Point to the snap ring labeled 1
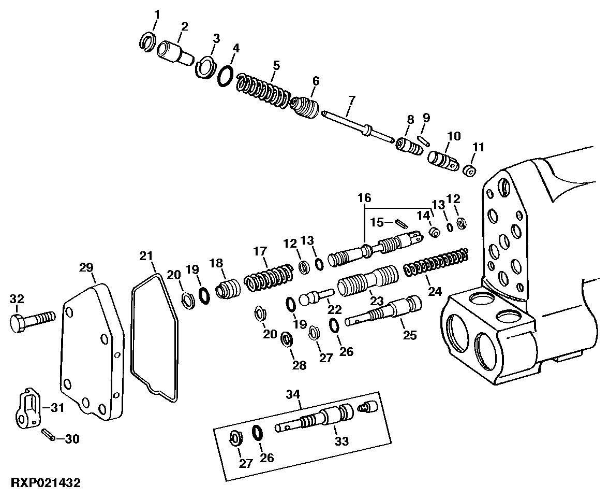pos(148,42)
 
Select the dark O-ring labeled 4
pos(225,76)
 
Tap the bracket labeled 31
pos(27,408)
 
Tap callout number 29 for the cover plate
pos(86,267)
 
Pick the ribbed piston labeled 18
pos(228,289)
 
